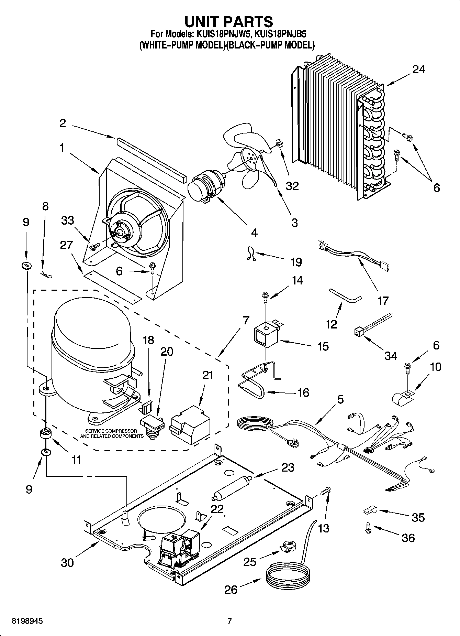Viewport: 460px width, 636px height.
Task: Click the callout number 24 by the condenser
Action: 418,69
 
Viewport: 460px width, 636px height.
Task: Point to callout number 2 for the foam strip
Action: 63,123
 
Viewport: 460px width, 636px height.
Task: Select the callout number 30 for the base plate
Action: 67,563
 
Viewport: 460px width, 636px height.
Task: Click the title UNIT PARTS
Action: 229,22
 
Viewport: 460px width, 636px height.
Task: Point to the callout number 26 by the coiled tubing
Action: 231,590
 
